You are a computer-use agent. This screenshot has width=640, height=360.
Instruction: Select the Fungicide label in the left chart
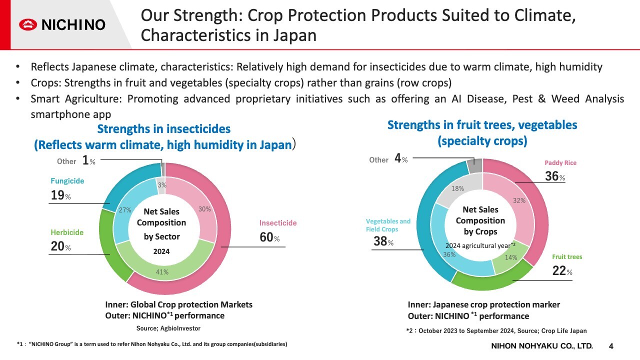[x=67, y=181]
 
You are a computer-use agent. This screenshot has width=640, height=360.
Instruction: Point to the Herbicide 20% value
[x=60, y=246]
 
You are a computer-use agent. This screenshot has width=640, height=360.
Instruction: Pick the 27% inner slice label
[x=124, y=210]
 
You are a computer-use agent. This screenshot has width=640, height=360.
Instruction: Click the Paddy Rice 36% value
[x=554, y=176]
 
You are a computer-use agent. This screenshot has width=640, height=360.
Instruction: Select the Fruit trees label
[x=567, y=257]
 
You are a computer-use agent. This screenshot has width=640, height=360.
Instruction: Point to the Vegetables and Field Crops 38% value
[x=383, y=241]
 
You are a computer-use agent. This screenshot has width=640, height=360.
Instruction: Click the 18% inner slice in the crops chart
[x=457, y=189]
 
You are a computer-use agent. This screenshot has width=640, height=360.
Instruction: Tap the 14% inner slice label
[x=511, y=258]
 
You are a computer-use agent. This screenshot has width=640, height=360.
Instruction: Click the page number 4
[x=611, y=346]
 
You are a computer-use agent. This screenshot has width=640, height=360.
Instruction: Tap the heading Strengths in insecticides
[x=164, y=129]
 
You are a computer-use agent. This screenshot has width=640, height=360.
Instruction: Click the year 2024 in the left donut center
[x=161, y=251]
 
